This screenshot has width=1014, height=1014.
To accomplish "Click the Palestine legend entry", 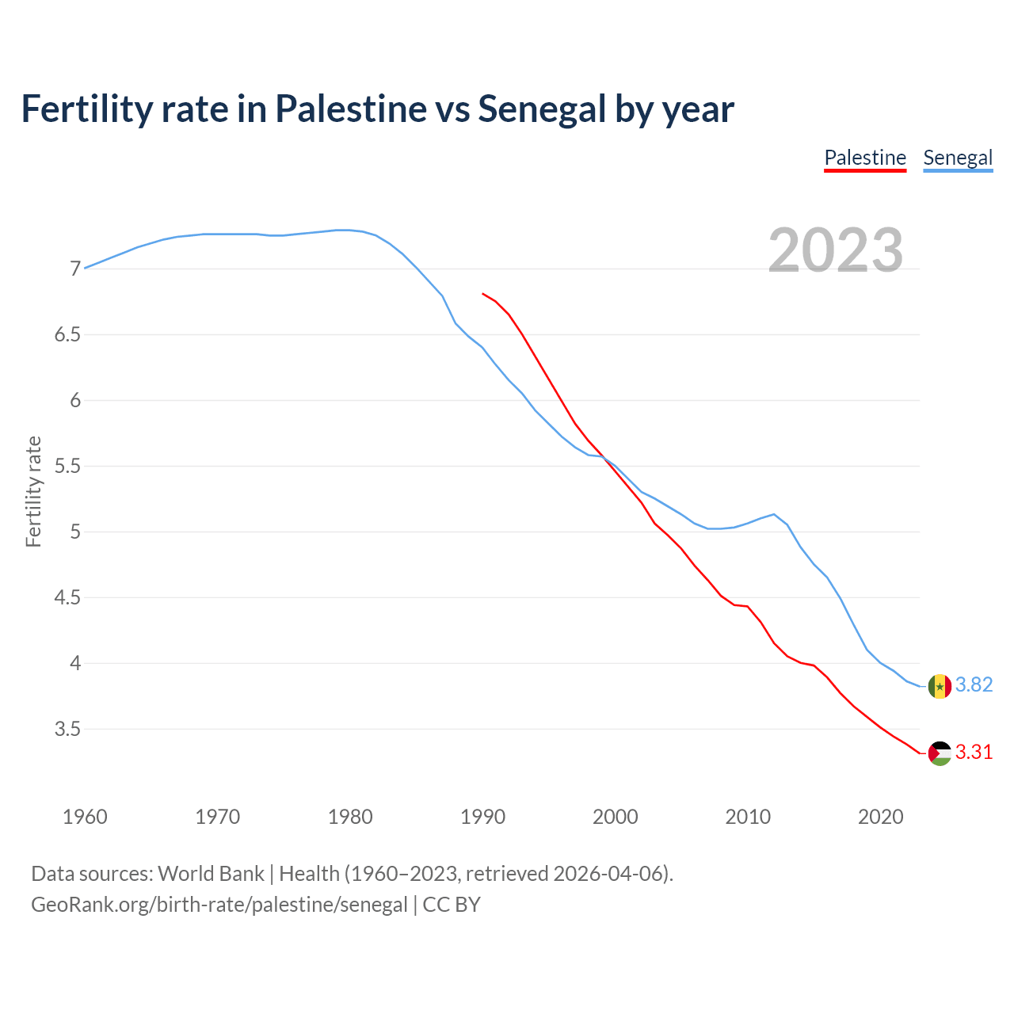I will click(865, 158).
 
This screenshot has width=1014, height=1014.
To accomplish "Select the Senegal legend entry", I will click(958, 158).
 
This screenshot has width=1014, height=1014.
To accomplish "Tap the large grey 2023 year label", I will click(836, 250).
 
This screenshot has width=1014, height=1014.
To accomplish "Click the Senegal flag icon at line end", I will click(940, 686).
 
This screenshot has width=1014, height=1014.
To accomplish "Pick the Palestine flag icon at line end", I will click(940, 753).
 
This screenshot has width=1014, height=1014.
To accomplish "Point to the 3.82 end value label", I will click(974, 685).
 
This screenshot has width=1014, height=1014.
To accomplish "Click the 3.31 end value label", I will click(974, 753).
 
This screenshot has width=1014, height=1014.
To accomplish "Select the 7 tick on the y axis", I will click(76, 269).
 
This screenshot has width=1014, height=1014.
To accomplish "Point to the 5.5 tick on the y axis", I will click(68, 467).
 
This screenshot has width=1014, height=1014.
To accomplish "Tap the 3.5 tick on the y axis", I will click(68, 729).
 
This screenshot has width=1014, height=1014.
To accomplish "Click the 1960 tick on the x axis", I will click(85, 817).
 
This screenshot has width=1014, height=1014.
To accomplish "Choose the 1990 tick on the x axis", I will click(482, 817).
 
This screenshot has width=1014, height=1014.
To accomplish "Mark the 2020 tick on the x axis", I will click(880, 817).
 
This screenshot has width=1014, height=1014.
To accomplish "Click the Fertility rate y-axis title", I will click(33, 491).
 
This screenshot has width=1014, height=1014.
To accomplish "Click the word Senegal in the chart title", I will click(541, 109).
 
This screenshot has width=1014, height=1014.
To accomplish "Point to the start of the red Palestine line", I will click(483, 294).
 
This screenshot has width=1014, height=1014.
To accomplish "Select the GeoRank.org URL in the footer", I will click(219, 905).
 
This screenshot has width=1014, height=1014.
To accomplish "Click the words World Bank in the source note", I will click(211, 874).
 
